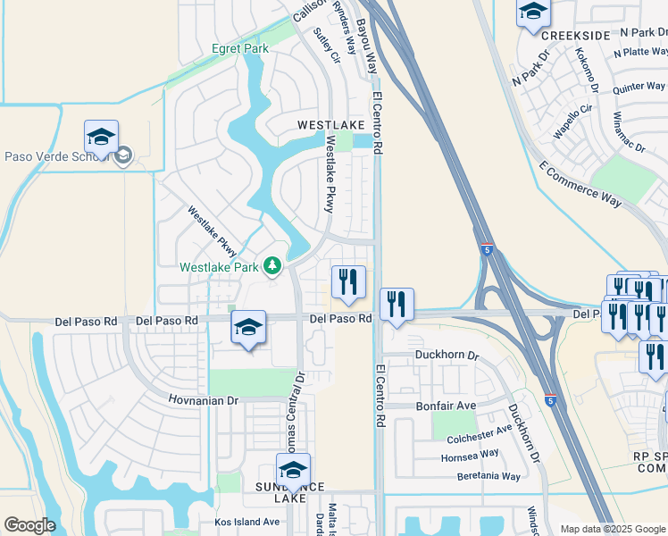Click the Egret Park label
pyautogui.click(x=240, y=48)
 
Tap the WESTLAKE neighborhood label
pyautogui.click(x=330, y=126)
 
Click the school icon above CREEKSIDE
pyautogui.click(x=533, y=13)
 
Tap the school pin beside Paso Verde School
pyautogui.click(x=102, y=138)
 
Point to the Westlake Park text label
pyautogui.click(x=219, y=266)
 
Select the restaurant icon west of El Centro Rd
pyautogui.click(x=348, y=281)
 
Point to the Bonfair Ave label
pyautogui.click(x=447, y=405)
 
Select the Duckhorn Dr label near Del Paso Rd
pyautogui.click(x=447, y=355)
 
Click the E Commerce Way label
pyautogui.click(x=580, y=186)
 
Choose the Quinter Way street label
pyautogui.click(x=639, y=87)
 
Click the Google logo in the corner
pyautogui.click(x=29, y=525)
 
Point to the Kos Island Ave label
pyautogui.click(x=247, y=522)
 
